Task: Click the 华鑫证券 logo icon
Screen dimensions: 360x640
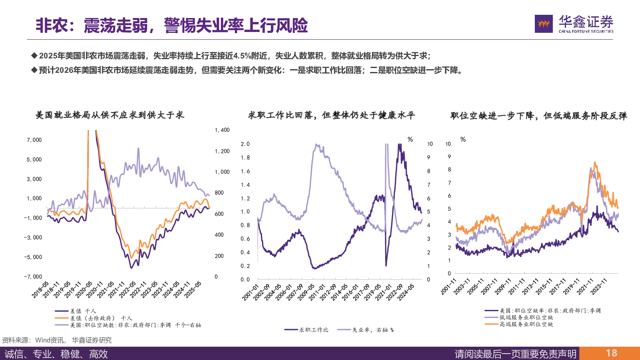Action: (x=544, y=24)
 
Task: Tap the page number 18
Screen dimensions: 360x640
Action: (x=611, y=353)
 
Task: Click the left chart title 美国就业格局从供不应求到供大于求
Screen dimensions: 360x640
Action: (x=110, y=115)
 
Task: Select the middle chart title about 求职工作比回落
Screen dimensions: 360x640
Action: (x=332, y=116)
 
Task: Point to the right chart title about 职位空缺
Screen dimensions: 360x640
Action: (x=538, y=116)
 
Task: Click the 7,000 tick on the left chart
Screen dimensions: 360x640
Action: (x=34, y=140)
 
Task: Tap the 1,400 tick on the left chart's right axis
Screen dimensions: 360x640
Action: (x=222, y=130)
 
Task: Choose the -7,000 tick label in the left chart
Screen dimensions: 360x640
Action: (x=33, y=277)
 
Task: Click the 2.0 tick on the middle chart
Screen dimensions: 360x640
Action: (x=245, y=144)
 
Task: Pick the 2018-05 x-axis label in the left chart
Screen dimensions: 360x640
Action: (x=40, y=290)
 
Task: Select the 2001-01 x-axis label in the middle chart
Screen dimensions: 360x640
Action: (x=250, y=292)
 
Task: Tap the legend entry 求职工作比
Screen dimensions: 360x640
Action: (x=314, y=330)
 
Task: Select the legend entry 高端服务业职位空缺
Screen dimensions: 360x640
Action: (x=526, y=324)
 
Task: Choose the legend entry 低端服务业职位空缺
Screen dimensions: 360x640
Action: (x=526, y=318)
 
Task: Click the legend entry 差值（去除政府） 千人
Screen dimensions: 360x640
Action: (x=101, y=318)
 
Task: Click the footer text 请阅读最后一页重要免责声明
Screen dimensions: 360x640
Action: (x=516, y=354)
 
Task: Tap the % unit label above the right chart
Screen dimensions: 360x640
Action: (x=463, y=140)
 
